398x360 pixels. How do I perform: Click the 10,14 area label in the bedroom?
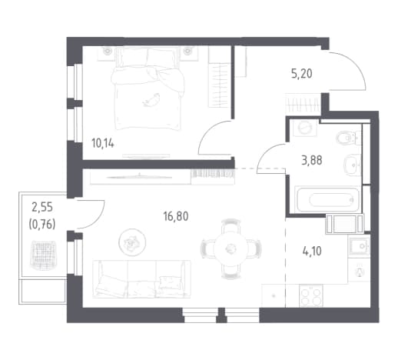pyautogui.click(x=103, y=144)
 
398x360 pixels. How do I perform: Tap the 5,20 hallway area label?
pyautogui.click(x=302, y=74)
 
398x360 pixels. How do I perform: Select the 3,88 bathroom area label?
pyautogui.click(x=312, y=161)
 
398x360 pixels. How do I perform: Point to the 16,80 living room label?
pyautogui.click(x=176, y=217)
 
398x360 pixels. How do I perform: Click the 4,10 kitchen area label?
pyautogui.click(x=312, y=252)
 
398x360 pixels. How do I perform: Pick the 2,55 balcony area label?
pyautogui.click(x=42, y=207)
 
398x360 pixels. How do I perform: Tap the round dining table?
pyautogui.click(x=231, y=248)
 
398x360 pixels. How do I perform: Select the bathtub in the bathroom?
pyautogui.click(x=327, y=199)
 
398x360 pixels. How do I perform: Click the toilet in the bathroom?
pyautogui.click(x=348, y=138)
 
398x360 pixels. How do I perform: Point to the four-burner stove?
pyautogui.click(x=311, y=296)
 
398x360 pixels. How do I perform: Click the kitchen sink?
pyautogui.click(x=359, y=246)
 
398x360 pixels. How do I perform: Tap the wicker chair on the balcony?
pyautogui.click(x=43, y=254)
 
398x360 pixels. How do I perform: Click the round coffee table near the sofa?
pyautogui.click(x=132, y=242)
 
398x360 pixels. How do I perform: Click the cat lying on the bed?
pyautogui.click(x=151, y=99)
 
